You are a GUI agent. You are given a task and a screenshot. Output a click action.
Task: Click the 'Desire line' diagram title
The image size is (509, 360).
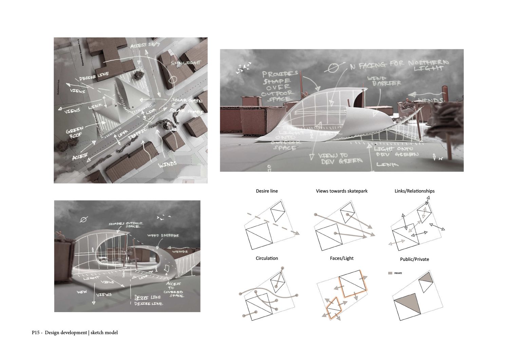[x=267, y=191]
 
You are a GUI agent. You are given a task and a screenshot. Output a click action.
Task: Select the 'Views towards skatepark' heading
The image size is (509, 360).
[x=342, y=191]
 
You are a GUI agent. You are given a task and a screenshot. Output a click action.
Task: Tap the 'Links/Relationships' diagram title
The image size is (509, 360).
[x=414, y=191]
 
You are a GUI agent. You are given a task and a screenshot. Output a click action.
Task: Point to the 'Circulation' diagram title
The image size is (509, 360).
[x=267, y=258]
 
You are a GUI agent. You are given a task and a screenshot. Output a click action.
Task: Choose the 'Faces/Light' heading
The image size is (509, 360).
[x=342, y=258]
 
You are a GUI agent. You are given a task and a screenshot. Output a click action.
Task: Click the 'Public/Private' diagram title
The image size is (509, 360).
[x=414, y=259]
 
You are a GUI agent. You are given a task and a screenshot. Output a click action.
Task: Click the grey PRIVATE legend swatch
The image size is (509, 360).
[x=391, y=273]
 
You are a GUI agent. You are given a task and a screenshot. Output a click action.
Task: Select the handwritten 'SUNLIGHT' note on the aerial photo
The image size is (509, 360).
[x=186, y=64]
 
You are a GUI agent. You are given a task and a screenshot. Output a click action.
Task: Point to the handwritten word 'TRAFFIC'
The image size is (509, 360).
[x=138, y=133]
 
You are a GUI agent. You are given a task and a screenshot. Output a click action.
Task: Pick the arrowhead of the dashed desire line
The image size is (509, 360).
[x=298, y=233]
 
